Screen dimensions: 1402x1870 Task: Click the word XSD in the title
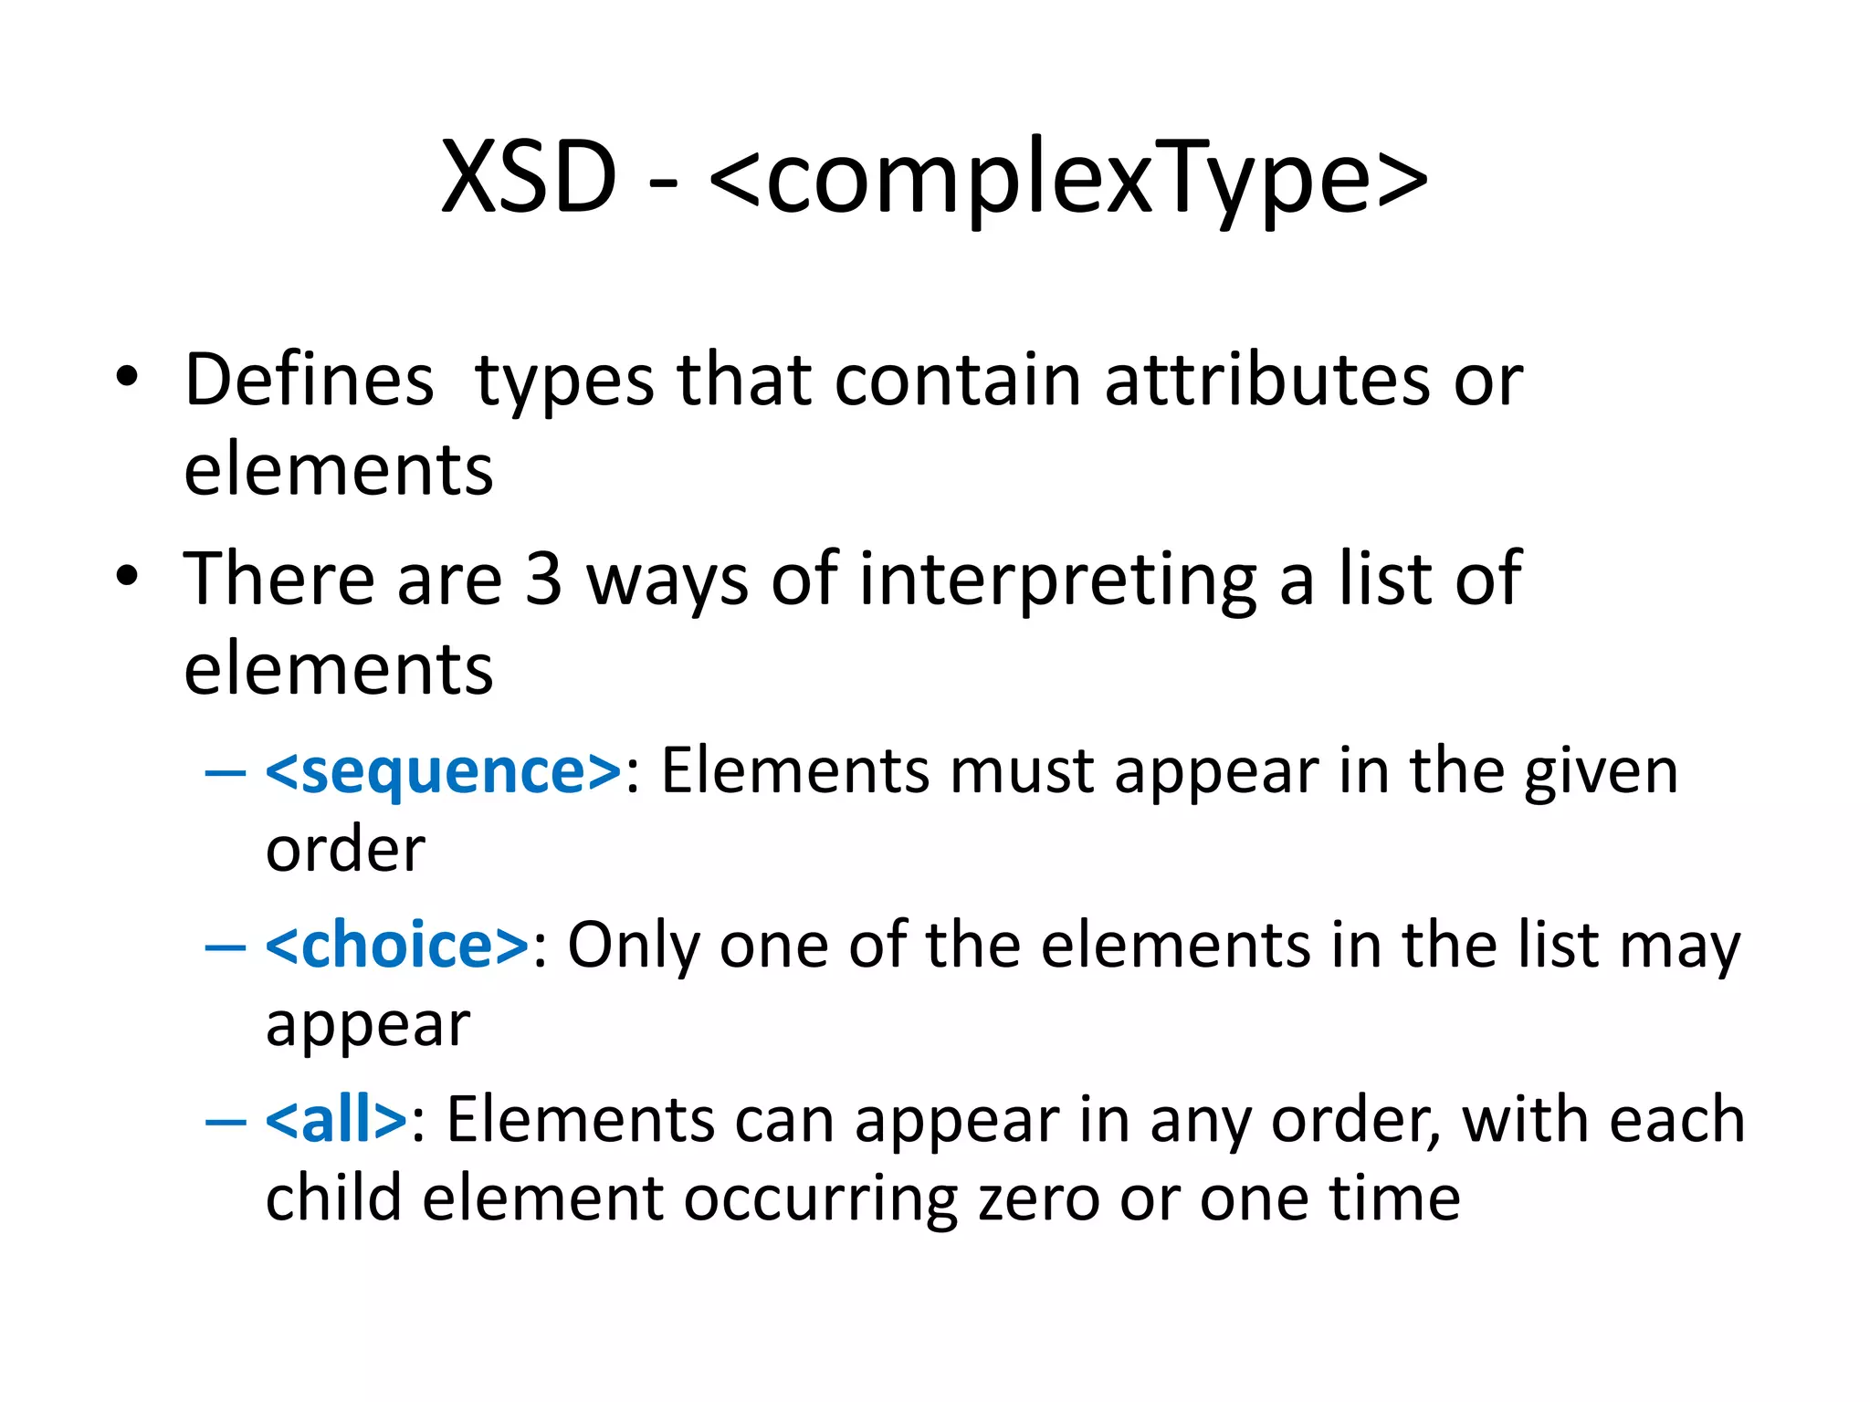coord(529,178)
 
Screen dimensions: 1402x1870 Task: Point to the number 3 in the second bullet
coord(543,579)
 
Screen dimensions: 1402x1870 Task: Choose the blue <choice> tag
coord(397,945)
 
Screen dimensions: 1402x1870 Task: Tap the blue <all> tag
coord(336,1119)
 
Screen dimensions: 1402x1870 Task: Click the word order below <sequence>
coord(345,850)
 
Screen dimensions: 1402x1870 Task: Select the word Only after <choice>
coord(633,946)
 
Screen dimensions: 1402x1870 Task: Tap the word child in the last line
coord(333,1198)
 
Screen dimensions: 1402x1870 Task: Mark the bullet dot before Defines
coord(127,377)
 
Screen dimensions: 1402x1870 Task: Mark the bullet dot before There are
coord(127,576)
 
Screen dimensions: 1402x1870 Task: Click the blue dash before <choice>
coord(226,947)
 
